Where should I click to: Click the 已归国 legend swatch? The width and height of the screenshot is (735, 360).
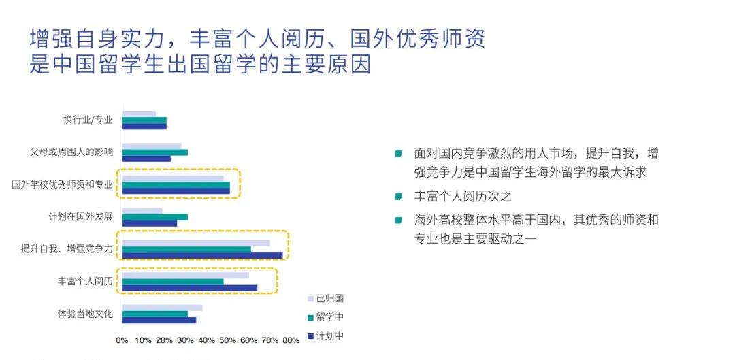pyautogui.click(x=310, y=299)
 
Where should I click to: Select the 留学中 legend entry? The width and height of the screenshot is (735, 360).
pyautogui.click(x=325, y=317)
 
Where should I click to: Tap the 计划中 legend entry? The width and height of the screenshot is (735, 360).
pyautogui.click(x=325, y=336)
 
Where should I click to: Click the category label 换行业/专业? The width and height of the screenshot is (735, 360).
pyautogui.click(x=88, y=120)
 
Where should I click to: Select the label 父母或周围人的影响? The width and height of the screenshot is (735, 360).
pyautogui.click(x=71, y=152)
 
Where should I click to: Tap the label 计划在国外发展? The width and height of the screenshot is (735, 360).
pyautogui.click(x=81, y=217)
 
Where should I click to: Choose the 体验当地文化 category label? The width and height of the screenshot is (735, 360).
pyautogui.click(x=85, y=314)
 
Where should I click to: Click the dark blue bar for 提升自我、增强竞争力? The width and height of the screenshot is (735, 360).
pyautogui.click(x=203, y=255)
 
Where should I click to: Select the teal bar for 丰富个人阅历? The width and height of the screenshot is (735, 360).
pyautogui.click(x=173, y=282)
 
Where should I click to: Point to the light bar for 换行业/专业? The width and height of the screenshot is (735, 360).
pyautogui.click(x=140, y=114)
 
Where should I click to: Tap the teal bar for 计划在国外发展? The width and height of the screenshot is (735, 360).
pyautogui.click(x=155, y=217)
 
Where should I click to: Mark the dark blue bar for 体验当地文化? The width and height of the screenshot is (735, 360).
pyautogui.click(x=159, y=320)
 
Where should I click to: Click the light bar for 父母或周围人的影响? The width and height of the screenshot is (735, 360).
pyautogui.click(x=152, y=146)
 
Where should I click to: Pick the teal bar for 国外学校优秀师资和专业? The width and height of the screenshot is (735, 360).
pyautogui.click(x=176, y=184)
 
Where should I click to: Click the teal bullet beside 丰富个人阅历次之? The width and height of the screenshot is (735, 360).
pyautogui.click(x=399, y=197)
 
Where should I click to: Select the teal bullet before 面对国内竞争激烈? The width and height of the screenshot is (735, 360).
pyautogui.click(x=399, y=153)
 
